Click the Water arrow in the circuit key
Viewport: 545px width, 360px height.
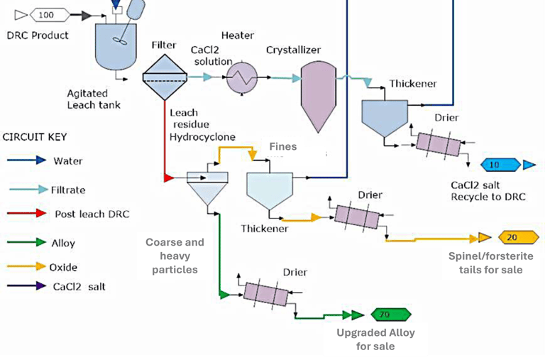click(26, 161)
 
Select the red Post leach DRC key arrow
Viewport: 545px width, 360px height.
click(26, 214)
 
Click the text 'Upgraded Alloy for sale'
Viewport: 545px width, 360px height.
click(376, 339)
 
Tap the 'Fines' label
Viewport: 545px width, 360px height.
click(282, 147)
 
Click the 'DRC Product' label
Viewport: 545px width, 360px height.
click(37, 36)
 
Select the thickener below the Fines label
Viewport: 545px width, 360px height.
click(270, 189)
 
